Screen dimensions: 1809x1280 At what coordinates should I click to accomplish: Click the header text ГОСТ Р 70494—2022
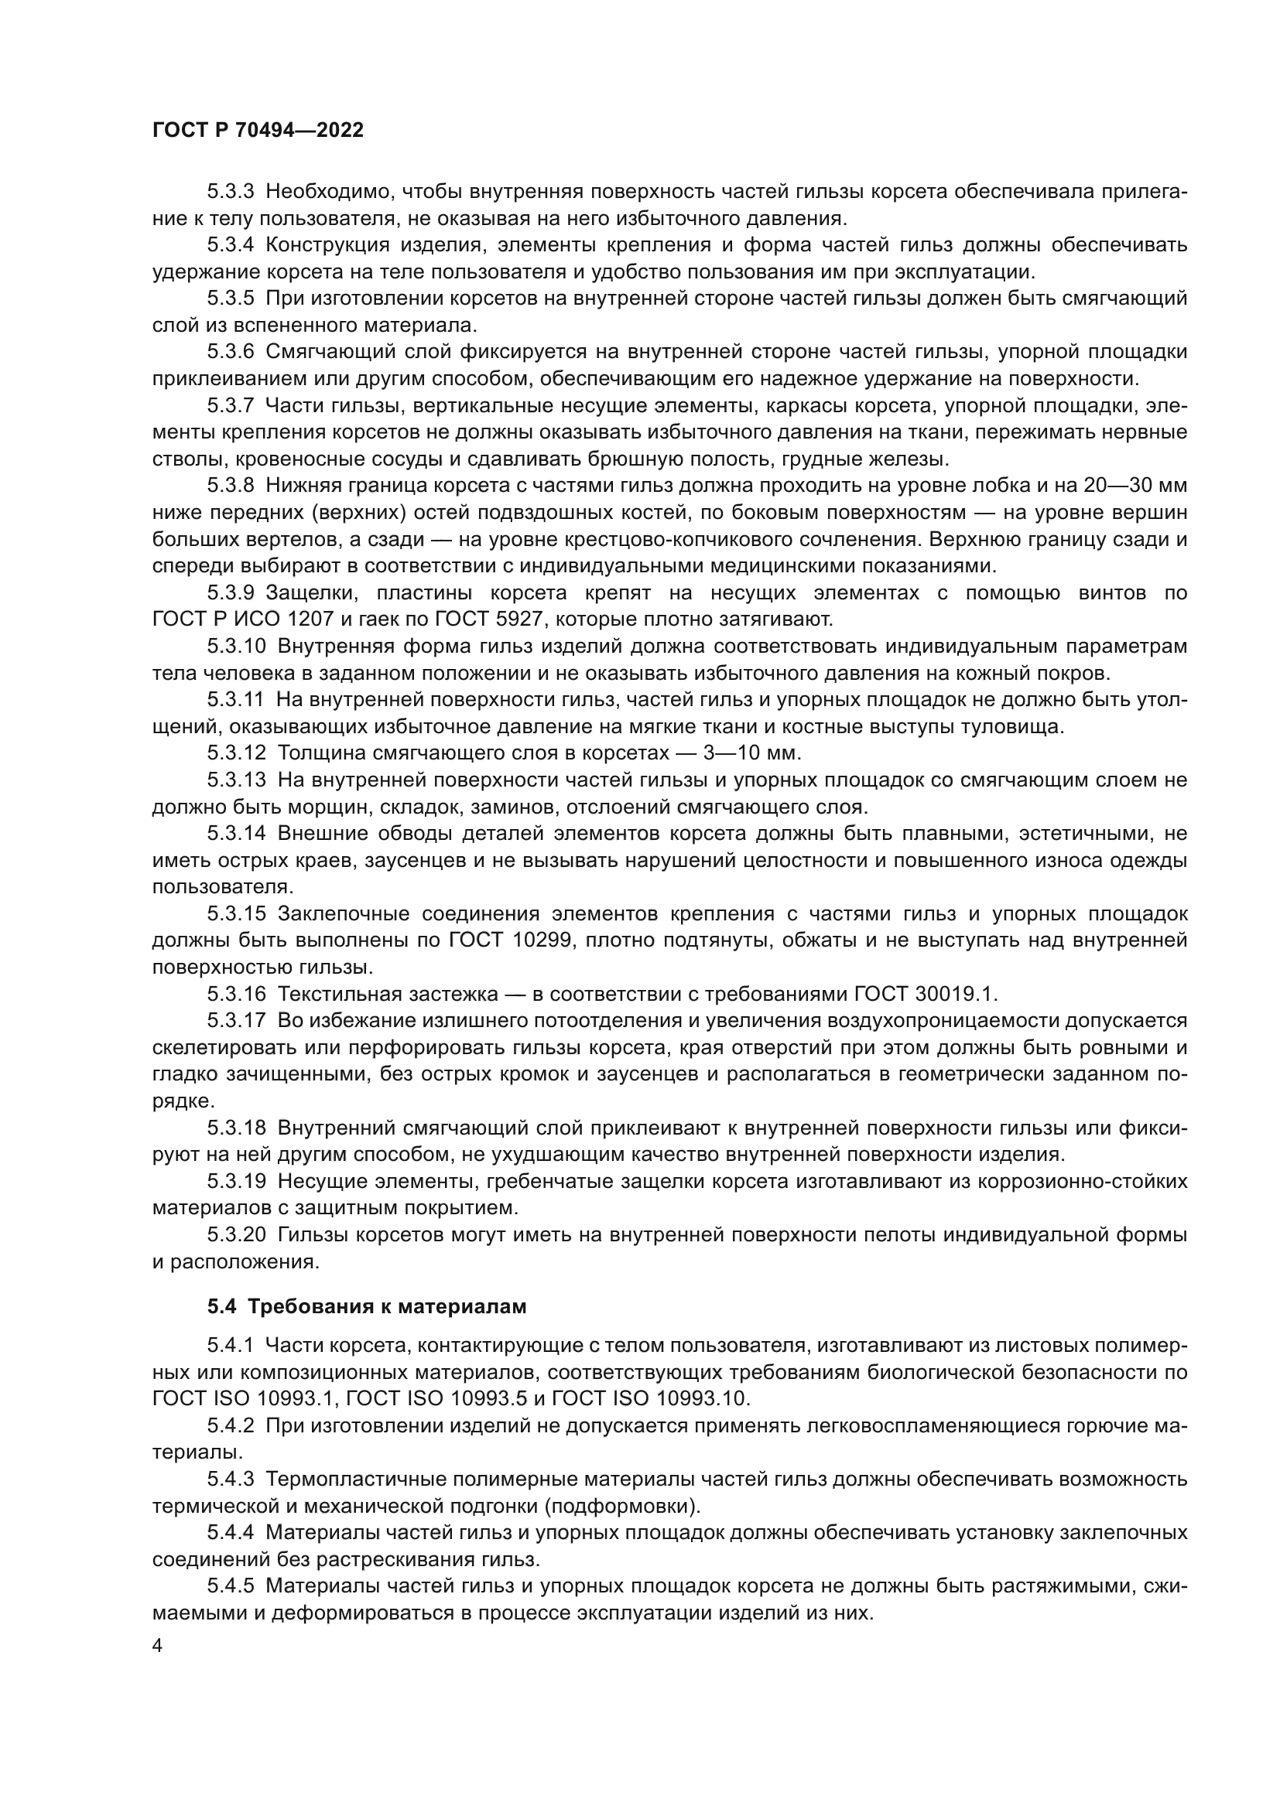coord(258,131)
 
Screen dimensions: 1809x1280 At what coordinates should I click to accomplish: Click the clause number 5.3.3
coord(230,192)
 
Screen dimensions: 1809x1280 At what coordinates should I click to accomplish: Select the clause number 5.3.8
coord(230,486)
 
